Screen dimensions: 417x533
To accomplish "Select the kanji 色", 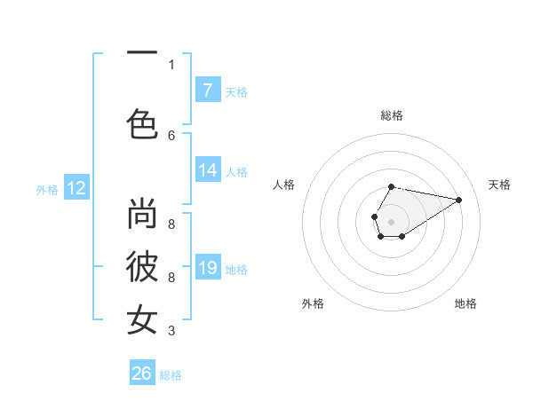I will click(143, 122).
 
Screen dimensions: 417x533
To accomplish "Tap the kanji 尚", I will click(143, 214).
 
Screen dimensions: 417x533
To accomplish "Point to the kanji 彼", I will click(143, 267).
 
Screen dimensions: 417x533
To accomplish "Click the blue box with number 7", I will click(207, 90).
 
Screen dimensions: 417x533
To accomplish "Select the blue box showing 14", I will click(207, 171).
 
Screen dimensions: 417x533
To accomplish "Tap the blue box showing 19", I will click(207, 269).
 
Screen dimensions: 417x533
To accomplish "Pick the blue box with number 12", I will click(76, 188).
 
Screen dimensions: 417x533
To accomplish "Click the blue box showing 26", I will click(142, 374).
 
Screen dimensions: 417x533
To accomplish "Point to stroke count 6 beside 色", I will click(171, 135).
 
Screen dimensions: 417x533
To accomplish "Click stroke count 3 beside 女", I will click(171, 331).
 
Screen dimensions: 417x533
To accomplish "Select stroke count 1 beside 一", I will click(171, 64).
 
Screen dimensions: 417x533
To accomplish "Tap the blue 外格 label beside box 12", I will click(47, 189).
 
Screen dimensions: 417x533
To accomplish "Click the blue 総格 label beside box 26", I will click(171, 375).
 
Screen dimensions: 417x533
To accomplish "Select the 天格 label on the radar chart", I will click(499, 185).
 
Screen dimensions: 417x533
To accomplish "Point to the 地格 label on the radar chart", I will click(465, 303).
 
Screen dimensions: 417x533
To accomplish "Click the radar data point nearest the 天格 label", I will click(459, 199).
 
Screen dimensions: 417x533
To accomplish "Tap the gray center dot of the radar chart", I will click(391, 220).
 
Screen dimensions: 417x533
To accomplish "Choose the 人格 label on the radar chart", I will click(284, 185).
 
